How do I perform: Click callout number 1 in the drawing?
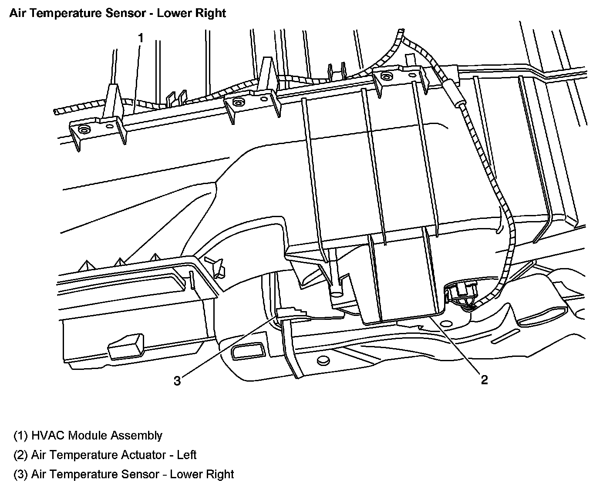(x=140, y=38)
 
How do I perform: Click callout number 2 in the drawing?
(x=484, y=380)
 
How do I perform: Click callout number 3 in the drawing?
(x=177, y=381)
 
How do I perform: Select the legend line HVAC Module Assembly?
(x=88, y=435)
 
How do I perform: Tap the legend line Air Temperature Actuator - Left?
(x=105, y=455)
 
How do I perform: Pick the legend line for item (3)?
(x=124, y=474)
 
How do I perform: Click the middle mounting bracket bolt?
(x=237, y=103)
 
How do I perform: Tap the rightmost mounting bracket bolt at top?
(x=385, y=77)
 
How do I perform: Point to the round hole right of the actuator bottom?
(x=445, y=324)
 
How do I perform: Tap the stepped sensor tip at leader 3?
(x=291, y=311)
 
